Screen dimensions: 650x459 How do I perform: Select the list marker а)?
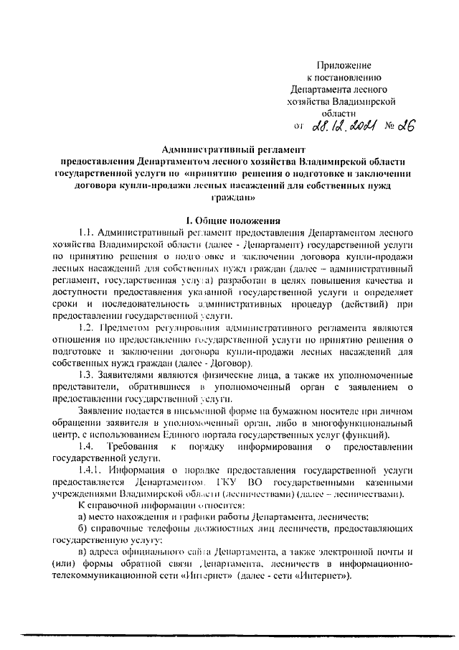(x=82, y=516)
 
